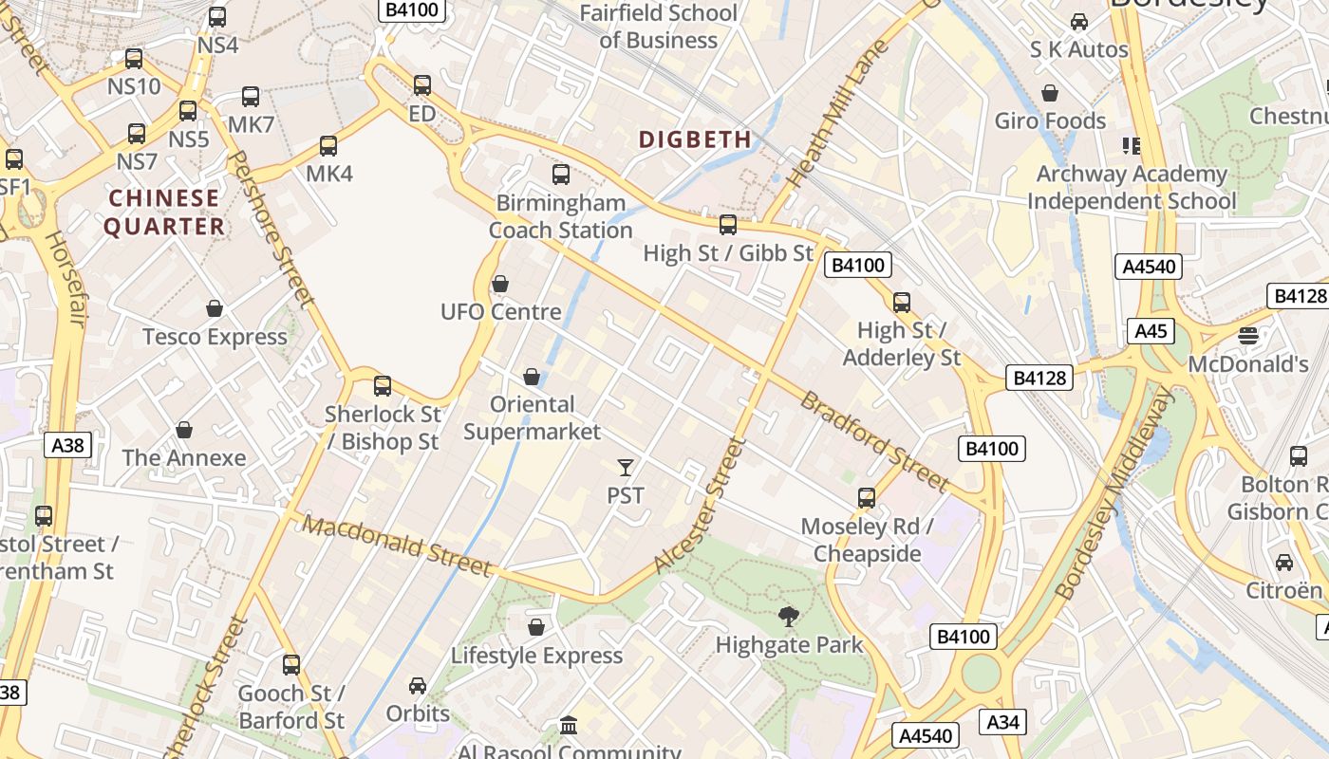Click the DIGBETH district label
(x=695, y=139)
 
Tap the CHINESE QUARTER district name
(x=164, y=213)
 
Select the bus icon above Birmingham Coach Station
(x=561, y=175)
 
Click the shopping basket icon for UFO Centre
(x=500, y=284)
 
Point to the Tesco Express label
(x=215, y=337)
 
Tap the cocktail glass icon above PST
(x=625, y=467)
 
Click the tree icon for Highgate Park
(x=788, y=617)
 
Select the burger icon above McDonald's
(x=1248, y=335)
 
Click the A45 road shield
(x=1151, y=331)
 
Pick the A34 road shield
(x=1002, y=722)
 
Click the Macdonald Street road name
(x=399, y=546)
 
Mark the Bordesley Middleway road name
(x=1114, y=493)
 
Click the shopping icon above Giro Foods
(x=1050, y=93)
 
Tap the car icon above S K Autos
(x=1079, y=21)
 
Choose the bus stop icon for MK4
(x=328, y=146)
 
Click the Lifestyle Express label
(x=536, y=656)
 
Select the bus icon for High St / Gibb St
(x=728, y=225)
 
